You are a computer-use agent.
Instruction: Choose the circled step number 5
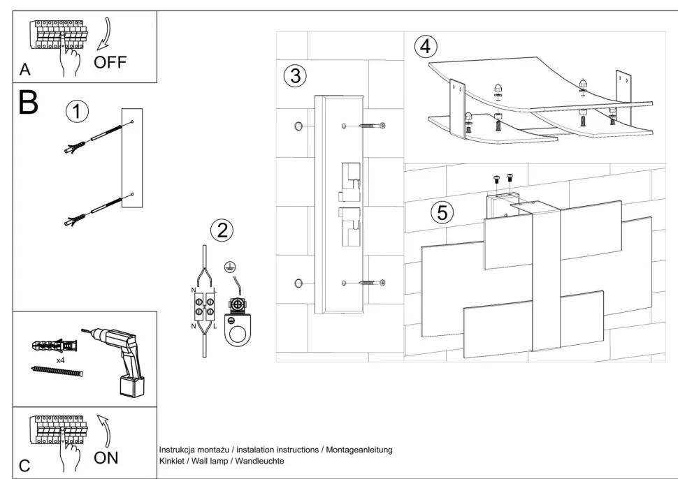pyautogui.click(x=441, y=212)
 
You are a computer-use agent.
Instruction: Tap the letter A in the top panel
pyautogui.click(x=25, y=71)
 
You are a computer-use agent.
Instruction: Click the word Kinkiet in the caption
pyautogui.click(x=173, y=462)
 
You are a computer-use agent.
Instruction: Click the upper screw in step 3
pyautogui.click(x=372, y=126)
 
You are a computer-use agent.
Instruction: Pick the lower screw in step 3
pyautogui.click(x=372, y=282)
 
